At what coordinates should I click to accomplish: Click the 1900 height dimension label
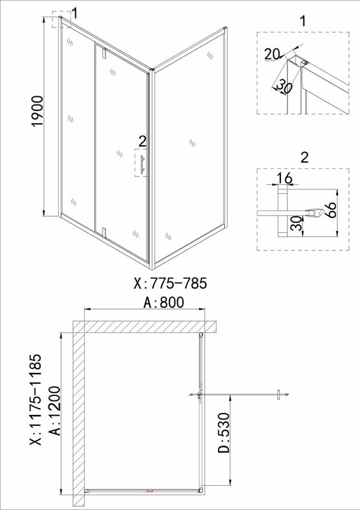coord(38,111)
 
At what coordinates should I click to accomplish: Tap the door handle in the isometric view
coord(142,165)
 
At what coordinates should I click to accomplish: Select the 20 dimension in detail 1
coord(271,54)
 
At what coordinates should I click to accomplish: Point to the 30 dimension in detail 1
coord(284,86)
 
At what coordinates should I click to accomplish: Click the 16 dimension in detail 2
coord(285,178)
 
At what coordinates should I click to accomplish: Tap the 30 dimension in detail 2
coord(296,224)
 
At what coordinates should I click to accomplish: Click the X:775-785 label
coord(170,283)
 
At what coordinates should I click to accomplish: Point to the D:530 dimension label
coord(224,433)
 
